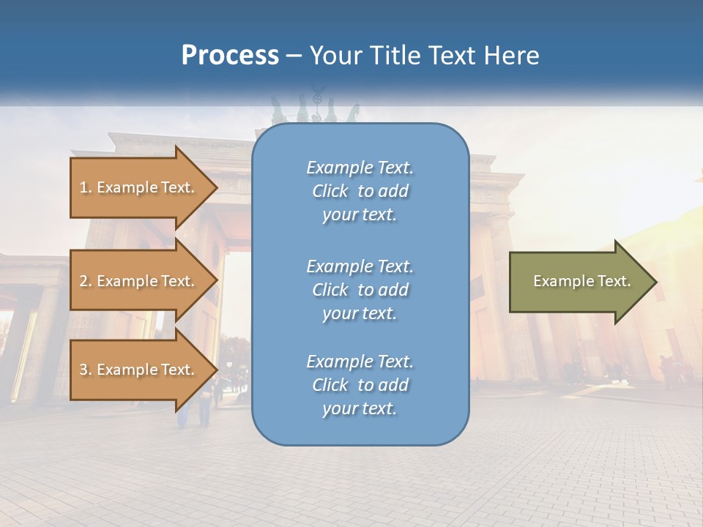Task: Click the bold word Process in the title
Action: (230, 56)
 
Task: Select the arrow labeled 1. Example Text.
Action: (139, 187)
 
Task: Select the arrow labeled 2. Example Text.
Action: (139, 281)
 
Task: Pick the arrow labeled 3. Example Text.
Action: (139, 370)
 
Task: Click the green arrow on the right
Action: (579, 282)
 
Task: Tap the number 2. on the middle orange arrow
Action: (86, 281)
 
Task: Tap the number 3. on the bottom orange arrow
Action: (86, 370)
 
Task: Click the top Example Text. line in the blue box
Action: (360, 168)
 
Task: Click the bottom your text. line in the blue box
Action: (360, 408)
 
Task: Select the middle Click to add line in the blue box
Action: (360, 290)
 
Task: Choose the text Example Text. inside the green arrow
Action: (581, 281)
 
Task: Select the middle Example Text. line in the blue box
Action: (360, 266)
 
